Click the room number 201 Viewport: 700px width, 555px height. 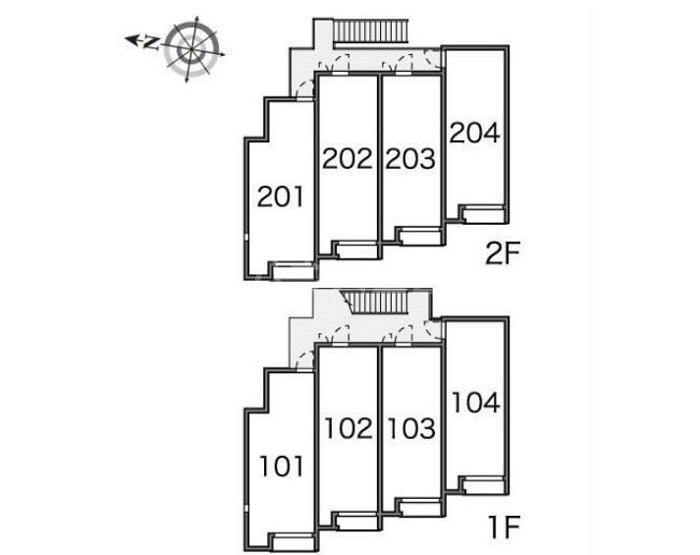point(281,196)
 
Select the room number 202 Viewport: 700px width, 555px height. point(347,158)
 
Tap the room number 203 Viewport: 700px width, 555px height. point(410,158)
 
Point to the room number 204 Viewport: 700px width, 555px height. point(474,133)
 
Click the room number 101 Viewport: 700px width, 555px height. point(282,467)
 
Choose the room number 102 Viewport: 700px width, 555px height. point(349,428)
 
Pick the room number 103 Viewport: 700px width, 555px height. point(411,428)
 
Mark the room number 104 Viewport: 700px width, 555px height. point(476,403)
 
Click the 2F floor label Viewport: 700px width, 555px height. point(503,254)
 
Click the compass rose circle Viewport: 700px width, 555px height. point(192,49)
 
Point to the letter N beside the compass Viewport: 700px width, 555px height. point(152,43)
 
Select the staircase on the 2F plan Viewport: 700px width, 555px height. point(371,31)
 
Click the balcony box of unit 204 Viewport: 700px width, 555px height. point(483,214)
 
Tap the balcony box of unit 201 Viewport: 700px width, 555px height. point(294,272)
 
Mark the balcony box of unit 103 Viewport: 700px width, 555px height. point(420,508)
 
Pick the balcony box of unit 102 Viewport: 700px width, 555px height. point(357,521)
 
